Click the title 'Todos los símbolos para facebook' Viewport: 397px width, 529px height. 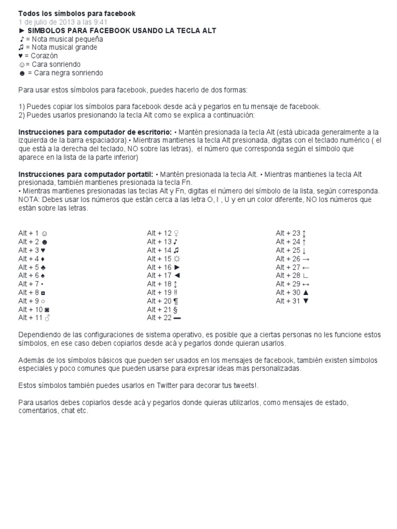77,13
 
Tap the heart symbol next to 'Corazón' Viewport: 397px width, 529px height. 22,56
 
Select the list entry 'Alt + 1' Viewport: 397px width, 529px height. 33,233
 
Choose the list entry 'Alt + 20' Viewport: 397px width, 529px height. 163,301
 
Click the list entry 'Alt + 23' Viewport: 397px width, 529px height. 292,233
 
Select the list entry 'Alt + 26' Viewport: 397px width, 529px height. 293,258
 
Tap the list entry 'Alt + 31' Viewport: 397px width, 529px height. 293,301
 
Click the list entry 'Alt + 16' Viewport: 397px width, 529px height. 163,267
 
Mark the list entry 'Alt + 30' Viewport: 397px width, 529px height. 293,292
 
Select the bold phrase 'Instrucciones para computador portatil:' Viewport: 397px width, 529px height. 86,175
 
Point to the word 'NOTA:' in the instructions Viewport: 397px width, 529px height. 29,200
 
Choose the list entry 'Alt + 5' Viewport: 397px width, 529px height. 33,267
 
